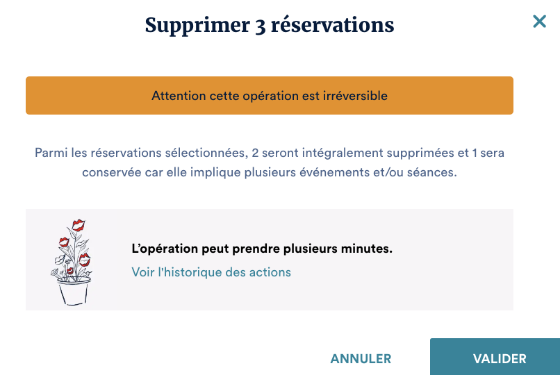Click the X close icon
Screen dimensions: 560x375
pyautogui.click(x=539, y=22)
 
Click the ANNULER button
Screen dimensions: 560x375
pyautogui.click(x=361, y=358)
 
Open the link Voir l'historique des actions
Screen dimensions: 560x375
pyautogui.click(x=211, y=272)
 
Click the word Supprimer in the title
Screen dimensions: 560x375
pyautogui.click(x=197, y=26)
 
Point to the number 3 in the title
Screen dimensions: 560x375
pyautogui.click(x=261, y=26)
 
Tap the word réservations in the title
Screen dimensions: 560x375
pyautogui.click(x=333, y=25)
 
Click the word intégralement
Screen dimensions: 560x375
pyautogui.click(x=343, y=153)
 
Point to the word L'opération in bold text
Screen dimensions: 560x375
pyautogui.click(x=165, y=249)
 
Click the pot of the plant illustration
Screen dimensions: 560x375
pyautogui.click(x=74, y=291)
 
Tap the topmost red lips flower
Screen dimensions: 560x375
pyautogui.click(x=79, y=225)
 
